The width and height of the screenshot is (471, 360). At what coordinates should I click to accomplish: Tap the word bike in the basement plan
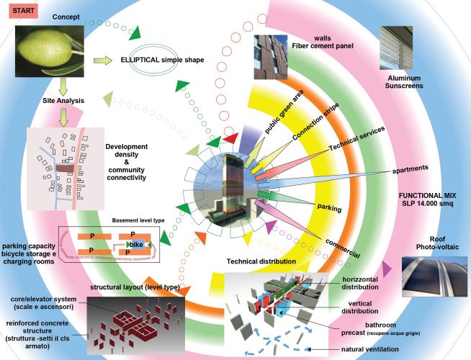(136, 245)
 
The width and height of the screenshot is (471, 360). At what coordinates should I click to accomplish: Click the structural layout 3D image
(134, 317)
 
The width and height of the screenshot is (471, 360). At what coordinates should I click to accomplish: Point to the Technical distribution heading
(261, 261)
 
